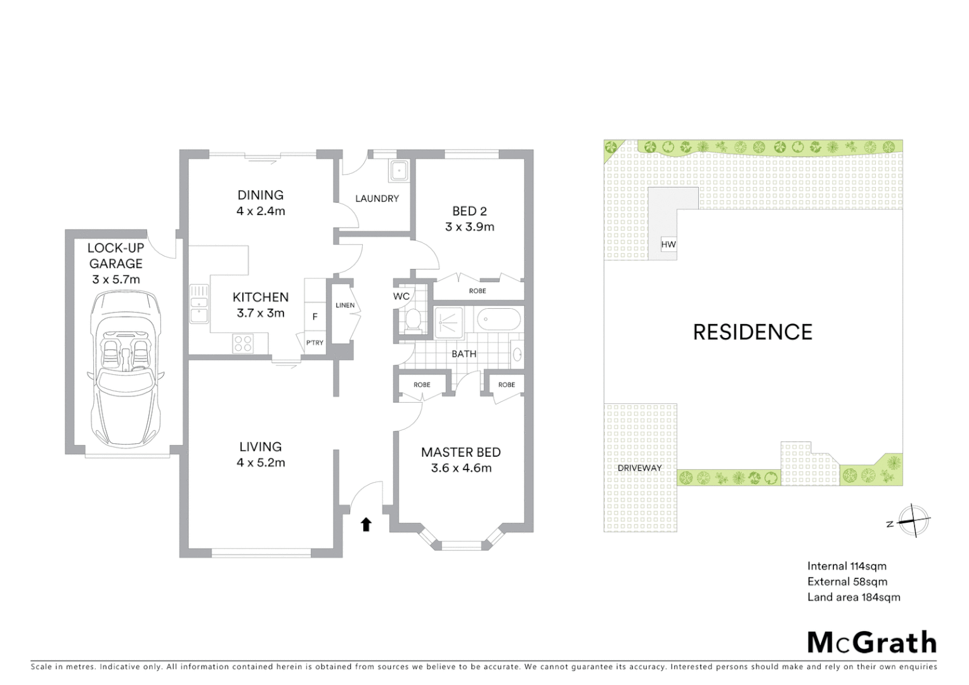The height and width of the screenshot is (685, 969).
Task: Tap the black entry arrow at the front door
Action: point(366,524)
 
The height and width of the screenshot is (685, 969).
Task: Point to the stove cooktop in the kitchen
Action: point(244,343)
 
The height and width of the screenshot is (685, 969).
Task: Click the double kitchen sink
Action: point(199,304)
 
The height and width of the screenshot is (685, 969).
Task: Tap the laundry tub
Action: point(399,171)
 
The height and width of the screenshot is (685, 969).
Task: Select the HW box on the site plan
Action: point(668,244)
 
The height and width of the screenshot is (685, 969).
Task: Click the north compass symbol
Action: point(913,521)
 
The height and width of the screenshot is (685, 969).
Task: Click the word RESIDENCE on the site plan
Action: point(752,332)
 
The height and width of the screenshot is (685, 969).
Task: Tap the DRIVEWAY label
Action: point(639,468)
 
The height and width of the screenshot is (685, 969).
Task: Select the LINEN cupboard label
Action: point(345,305)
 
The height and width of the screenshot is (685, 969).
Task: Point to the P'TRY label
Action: point(315,342)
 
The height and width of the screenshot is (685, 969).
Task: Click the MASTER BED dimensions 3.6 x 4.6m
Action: point(461,468)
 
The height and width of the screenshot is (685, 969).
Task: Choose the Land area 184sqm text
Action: point(854,597)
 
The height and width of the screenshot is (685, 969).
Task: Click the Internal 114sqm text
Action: point(847,566)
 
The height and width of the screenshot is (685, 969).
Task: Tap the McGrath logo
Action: point(871,643)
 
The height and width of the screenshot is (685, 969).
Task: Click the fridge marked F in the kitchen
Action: point(315,316)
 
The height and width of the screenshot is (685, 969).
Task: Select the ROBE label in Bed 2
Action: point(478,290)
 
